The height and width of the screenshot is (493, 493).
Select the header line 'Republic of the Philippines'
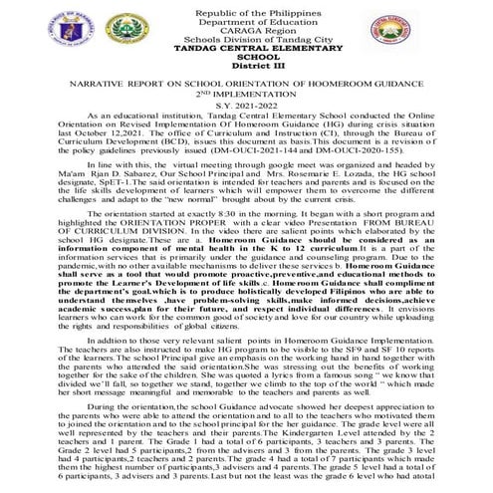246,7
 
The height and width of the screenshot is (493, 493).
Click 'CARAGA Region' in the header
246,29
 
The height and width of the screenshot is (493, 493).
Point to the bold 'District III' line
246,68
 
